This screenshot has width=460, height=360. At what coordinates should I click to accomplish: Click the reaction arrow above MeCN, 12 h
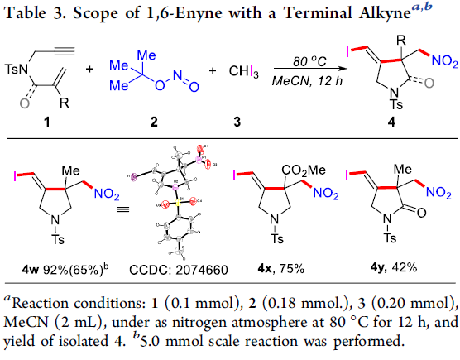click(309, 69)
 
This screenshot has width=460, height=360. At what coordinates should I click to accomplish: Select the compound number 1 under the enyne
click(46, 122)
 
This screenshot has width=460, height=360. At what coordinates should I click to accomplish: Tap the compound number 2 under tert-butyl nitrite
click(154, 122)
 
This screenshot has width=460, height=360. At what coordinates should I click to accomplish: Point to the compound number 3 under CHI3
click(237, 122)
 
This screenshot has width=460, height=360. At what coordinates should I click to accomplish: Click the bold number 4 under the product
click(391, 122)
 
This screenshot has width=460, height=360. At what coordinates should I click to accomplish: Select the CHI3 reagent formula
click(243, 71)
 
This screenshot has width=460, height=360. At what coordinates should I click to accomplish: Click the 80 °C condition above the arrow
click(309, 61)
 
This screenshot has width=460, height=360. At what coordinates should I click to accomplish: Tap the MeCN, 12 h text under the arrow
click(307, 80)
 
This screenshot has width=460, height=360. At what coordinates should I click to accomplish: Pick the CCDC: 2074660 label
click(179, 270)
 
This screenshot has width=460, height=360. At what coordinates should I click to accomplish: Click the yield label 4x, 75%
click(280, 268)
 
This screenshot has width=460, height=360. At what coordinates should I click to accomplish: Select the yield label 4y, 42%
click(394, 267)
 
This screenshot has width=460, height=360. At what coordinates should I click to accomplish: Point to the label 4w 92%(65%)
click(65, 269)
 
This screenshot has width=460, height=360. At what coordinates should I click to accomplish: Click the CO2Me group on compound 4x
click(304, 170)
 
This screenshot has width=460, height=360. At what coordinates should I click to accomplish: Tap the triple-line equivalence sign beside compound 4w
click(123, 209)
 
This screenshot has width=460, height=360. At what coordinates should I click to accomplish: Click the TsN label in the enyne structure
click(17, 70)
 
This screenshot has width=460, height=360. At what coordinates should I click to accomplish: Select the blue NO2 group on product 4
click(445, 61)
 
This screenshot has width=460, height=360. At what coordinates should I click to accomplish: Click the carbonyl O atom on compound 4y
click(421, 213)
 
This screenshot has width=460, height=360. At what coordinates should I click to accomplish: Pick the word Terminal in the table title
click(318, 13)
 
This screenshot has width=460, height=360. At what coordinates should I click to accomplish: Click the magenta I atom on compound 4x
click(234, 175)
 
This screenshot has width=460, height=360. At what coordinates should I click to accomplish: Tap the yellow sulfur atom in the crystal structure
click(178, 203)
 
